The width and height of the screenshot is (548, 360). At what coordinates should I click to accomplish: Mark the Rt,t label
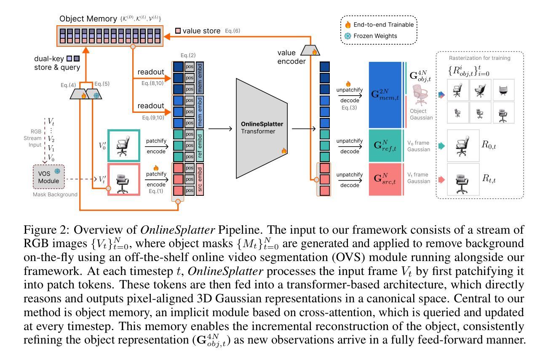tap(491, 178)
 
